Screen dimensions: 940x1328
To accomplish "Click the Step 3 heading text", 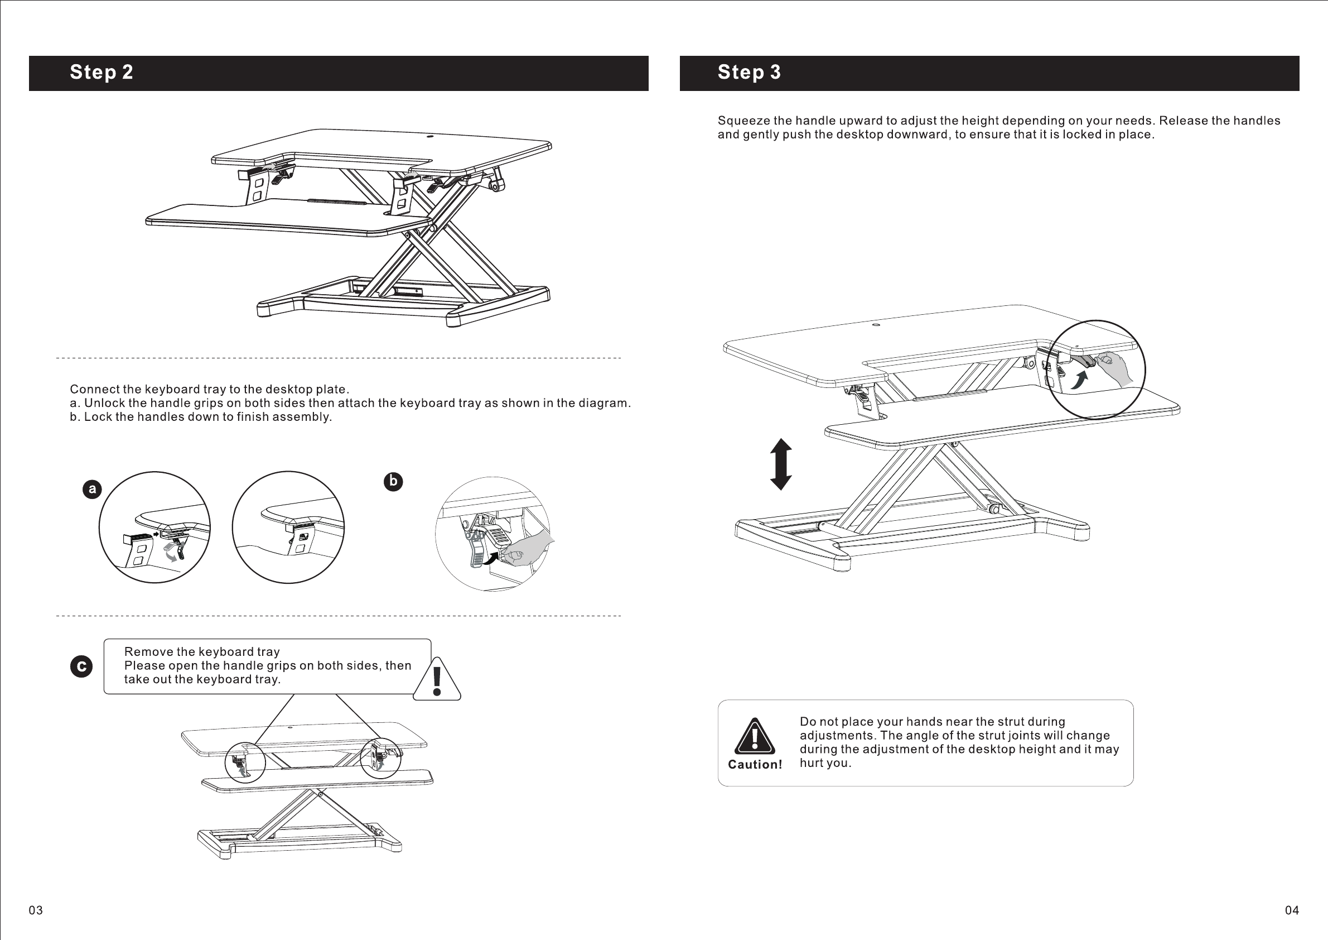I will (x=749, y=73).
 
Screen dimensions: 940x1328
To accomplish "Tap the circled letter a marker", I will (x=92, y=489).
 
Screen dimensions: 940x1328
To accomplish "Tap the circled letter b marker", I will (x=393, y=482).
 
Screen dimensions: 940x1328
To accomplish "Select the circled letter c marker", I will (x=81, y=666).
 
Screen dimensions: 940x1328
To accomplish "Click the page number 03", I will (x=36, y=910).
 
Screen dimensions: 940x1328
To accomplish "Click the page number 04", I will (x=1292, y=910).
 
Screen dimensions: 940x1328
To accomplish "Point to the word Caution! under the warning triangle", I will (x=755, y=765).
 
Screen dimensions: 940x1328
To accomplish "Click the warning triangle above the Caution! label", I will (x=755, y=737).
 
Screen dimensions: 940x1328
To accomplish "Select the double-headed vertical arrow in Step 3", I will (x=781, y=464).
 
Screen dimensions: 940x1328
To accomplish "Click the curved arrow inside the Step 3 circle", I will (x=1079, y=380).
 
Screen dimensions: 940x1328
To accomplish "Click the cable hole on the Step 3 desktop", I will (x=876, y=325).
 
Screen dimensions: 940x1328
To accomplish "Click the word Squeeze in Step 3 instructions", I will (x=744, y=121).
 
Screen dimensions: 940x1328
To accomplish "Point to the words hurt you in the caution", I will (x=825, y=763).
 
